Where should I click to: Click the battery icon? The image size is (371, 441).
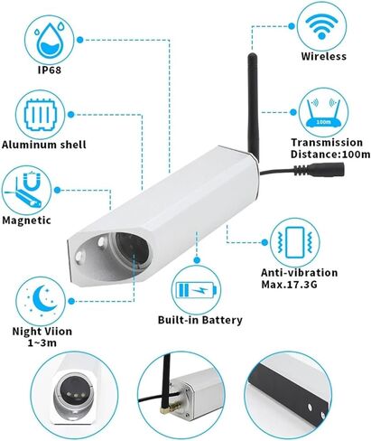point(196,290)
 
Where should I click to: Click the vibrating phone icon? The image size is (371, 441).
point(295,242)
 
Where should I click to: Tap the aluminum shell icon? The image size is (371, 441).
point(41,115)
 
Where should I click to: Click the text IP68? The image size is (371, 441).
point(50,70)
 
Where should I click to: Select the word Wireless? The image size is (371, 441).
point(323,56)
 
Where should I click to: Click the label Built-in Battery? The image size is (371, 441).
point(200,320)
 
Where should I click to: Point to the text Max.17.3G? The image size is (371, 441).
point(289,284)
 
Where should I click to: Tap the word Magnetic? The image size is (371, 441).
point(26,220)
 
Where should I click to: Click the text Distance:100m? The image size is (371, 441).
point(330,155)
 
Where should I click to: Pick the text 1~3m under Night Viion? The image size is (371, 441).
point(42,342)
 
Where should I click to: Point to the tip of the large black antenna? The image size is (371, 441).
point(252,54)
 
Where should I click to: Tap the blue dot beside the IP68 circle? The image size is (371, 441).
point(79,40)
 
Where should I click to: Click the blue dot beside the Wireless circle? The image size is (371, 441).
point(292,26)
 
